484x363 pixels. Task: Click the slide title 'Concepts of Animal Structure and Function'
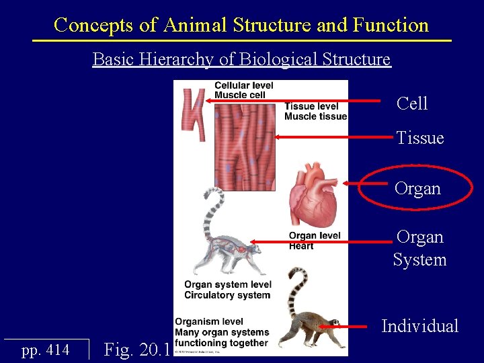(x=241, y=26)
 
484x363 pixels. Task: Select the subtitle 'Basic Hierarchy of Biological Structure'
(x=241, y=59)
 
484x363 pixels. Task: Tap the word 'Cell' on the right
(x=412, y=104)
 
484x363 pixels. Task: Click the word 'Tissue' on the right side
(x=419, y=138)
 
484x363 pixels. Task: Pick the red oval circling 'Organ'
(x=418, y=189)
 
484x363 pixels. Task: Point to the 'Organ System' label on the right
(x=419, y=249)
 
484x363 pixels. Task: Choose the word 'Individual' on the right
(x=419, y=327)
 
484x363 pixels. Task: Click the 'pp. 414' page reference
(x=46, y=350)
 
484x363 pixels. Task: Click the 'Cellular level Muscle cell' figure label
(x=243, y=90)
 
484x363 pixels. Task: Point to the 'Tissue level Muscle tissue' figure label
(x=315, y=112)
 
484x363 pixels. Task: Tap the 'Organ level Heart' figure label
(x=314, y=241)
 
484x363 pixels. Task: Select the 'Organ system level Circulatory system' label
(x=228, y=290)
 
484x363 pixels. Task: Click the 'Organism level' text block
(x=222, y=333)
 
